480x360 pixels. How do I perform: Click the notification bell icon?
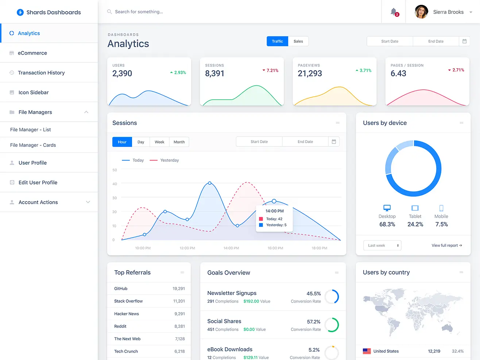point(394,12)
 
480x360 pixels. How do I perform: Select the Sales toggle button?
point(298,41)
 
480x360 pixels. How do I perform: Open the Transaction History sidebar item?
point(41,73)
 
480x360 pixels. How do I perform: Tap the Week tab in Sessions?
point(159,142)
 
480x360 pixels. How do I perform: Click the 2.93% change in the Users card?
point(180,73)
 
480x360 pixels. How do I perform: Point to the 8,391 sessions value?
point(214,73)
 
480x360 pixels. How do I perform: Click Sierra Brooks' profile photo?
point(421,12)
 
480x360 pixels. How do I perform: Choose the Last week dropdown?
point(382,245)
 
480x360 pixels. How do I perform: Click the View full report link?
point(447,245)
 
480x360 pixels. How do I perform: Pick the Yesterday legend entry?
point(169,160)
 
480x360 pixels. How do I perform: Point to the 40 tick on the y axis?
point(115,184)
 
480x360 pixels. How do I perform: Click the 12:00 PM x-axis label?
point(187,248)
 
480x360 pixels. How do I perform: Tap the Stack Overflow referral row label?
point(128,301)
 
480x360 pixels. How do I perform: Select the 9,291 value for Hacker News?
point(179,314)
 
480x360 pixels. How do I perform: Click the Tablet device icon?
point(415,208)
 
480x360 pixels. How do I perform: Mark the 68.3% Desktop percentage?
point(387,224)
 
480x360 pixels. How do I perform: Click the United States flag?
point(367,351)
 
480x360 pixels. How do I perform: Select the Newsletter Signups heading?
point(232,293)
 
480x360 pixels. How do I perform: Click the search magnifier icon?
point(109,12)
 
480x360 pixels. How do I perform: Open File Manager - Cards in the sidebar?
point(33,145)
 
